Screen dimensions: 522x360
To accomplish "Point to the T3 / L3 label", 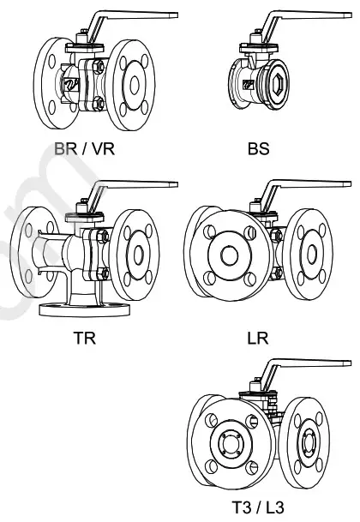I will tap(257, 507).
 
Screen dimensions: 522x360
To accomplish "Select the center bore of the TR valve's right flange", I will tap(137, 254).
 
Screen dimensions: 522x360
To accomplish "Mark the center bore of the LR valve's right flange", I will tap(310, 254).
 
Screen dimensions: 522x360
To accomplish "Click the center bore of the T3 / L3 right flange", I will tap(309, 442).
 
